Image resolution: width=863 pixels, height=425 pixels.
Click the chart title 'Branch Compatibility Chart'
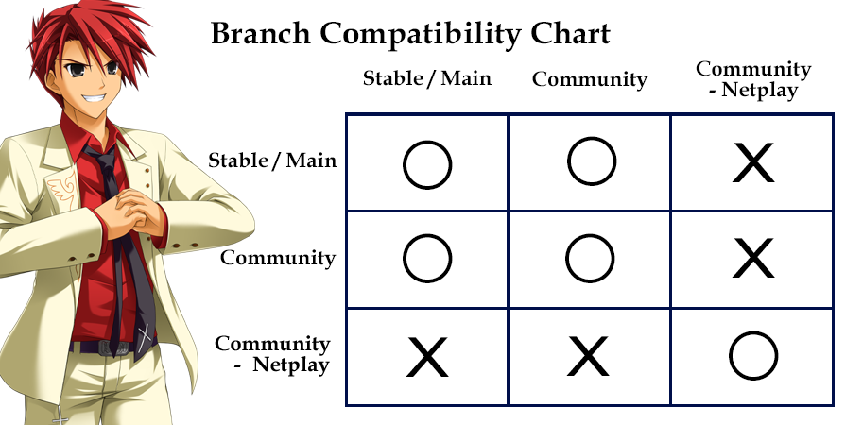click(x=410, y=34)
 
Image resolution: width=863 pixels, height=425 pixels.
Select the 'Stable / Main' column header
click(x=427, y=78)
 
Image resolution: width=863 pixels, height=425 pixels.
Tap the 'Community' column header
click(x=590, y=80)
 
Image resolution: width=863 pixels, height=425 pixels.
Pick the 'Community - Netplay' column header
click(x=753, y=79)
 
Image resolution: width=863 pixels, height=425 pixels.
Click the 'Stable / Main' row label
click(x=272, y=161)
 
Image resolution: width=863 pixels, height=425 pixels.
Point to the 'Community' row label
click(x=278, y=258)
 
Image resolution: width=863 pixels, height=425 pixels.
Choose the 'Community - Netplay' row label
click(x=272, y=354)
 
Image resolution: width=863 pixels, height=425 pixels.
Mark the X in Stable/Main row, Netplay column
click(x=753, y=162)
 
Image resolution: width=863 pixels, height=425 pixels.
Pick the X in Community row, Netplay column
click(x=753, y=259)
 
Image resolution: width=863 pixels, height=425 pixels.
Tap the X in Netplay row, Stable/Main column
click(x=427, y=357)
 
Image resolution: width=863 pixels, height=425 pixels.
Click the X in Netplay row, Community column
click(x=588, y=357)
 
